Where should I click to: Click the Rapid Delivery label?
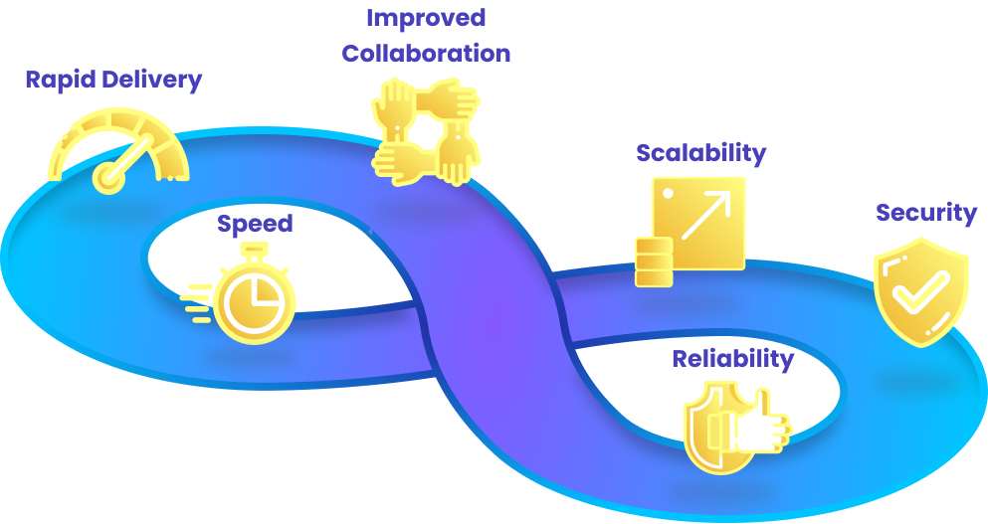pyautogui.click(x=113, y=80)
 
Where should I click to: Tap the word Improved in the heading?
pyautogui.click(x=426, y=18)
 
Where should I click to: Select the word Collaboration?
pyautogui.click(x=426, y=53)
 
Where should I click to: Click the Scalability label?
pyautogui.click(x=700, y=153)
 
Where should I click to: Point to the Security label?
pyautogui.click(x=925, y=213)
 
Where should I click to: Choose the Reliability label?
pyautogui.click(x=732, y=359)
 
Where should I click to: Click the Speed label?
pyautogui.click(x=256, y=224)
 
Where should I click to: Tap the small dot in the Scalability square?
pyautogui.click(x=669, y=192)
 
